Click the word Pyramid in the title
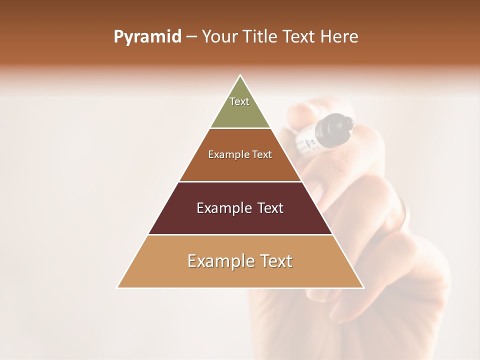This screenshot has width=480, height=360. [147, 37]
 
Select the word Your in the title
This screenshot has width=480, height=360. [220, 37]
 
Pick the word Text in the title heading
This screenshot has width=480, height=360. [299, 37]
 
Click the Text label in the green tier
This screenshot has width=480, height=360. [239, 101]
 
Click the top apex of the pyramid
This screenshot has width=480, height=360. [240, 75]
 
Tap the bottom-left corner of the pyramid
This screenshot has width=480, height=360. [117, 287]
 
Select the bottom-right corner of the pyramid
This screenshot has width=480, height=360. [363, 287]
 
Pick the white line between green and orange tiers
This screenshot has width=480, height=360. [240, 128]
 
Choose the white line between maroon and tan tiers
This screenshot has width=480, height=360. [240, 234]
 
